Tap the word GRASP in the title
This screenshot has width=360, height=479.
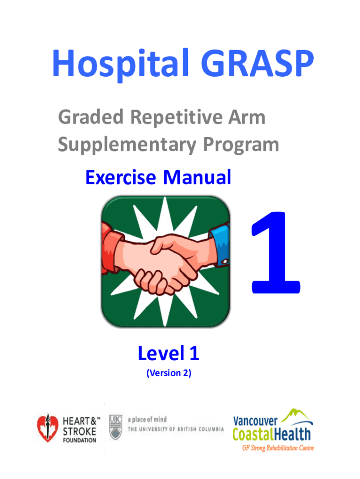(258, 63)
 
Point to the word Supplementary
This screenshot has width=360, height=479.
(127, 145)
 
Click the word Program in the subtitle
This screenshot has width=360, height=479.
(241, 145)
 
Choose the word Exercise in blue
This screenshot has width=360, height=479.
(121, 177)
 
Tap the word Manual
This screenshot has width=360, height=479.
(197, 177)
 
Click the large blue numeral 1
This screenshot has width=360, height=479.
(275, 252)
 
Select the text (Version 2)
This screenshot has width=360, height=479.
(169, 373)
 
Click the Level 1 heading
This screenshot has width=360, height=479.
(169, 353)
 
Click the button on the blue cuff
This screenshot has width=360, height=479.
(225, 261)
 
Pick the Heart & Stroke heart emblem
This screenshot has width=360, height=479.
(48, 428)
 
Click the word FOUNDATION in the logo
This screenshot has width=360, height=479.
(79, 440)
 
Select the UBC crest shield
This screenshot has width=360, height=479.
(116, 427)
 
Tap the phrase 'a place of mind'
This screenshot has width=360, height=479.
(147, 420)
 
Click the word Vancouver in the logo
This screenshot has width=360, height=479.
(255, 421)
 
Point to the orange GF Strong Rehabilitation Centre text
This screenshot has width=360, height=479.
(278, 448)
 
